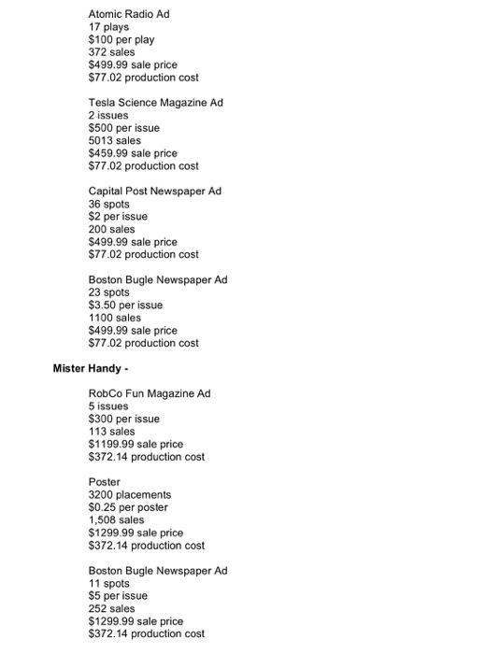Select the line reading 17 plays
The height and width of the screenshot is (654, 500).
tap(108, 27)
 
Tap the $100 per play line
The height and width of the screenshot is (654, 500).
tap(121, 40)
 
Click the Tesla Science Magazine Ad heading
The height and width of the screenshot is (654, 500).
tap(156, 103)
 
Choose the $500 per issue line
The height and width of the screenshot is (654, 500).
tap(124, 128)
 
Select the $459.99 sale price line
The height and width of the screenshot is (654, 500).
tap(133, 153)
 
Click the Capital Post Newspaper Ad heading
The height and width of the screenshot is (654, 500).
tap(155, 192)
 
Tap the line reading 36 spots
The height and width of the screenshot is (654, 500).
tap(109, 204)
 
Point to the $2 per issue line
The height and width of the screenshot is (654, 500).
tap(119, 217)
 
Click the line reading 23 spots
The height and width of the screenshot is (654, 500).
tap(109, 292)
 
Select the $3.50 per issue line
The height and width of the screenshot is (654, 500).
tap(125, 306)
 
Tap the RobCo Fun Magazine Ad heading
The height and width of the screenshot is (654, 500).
tap(150, 393)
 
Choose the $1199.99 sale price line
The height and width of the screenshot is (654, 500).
tap(136, 445)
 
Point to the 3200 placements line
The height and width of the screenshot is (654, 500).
tap(129, 495)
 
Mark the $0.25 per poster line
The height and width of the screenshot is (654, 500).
tap(129, 507)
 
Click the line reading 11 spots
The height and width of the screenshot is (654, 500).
tap(108, 583)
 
